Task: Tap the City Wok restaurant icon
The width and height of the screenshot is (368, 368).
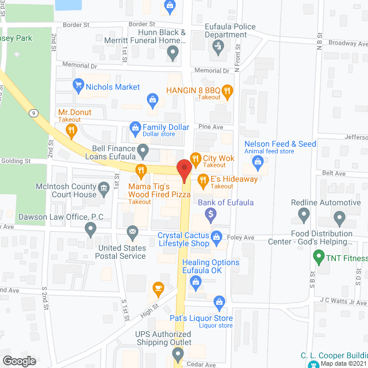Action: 195,158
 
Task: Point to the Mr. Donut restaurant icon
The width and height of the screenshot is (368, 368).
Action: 71,131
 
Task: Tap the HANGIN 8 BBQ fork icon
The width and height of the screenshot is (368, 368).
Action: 227,90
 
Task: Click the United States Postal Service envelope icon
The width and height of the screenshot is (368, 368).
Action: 133,233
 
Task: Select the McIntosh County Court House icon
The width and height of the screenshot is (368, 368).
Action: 103,187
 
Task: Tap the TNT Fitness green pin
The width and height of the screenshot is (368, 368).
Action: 317,256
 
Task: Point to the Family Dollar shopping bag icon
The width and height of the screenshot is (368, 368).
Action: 135,126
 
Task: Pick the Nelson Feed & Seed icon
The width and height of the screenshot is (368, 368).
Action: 258,163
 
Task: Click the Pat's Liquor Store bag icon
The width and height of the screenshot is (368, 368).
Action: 219,301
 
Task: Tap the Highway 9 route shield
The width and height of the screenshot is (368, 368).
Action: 35,113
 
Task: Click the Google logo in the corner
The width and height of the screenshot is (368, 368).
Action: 19,361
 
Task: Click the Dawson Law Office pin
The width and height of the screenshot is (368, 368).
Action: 90,229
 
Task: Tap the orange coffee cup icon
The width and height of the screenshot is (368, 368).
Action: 158,287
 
